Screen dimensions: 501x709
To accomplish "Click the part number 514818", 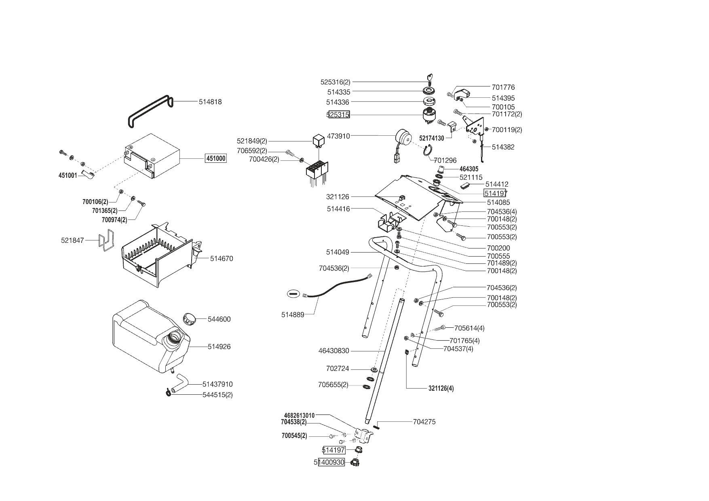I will click(x=210, y=102).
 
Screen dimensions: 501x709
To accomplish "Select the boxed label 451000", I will click(x=216, y=158).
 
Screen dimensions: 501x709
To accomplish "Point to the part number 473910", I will click(x=338, y=136).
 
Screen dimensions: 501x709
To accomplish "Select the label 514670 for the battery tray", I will click(x=222, y=259).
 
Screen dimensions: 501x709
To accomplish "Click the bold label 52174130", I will click(x=431, y=138).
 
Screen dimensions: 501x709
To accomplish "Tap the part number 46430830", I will click(x=333, y=351).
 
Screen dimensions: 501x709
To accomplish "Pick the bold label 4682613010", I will click(x=299, y=415).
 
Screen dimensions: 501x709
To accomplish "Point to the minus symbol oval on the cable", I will click(x=293, y=294).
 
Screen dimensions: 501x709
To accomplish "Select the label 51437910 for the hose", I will click(x=217, y=384).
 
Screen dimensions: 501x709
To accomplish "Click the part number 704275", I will click(x=424, y=422).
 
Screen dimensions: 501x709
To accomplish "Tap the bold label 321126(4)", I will click(x=441, y=389).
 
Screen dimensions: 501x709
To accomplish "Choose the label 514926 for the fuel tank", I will click(x=219, y=347).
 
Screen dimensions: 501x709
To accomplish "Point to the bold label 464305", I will click(x=469, y=169).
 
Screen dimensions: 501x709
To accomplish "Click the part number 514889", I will click(x=293, y=315).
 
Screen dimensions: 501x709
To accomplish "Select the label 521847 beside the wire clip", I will click(x=72, y=240).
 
